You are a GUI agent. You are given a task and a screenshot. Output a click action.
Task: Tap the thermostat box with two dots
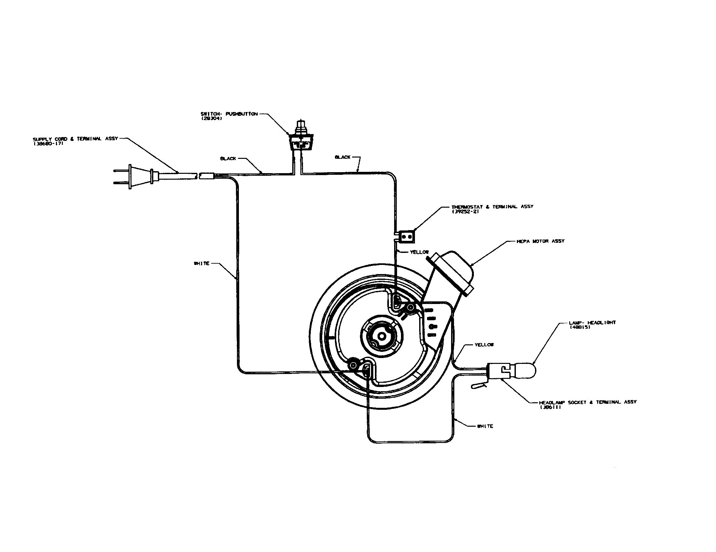406,236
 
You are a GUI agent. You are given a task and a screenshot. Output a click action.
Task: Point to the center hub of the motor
382,336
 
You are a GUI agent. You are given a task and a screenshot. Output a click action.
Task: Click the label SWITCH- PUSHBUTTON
229,114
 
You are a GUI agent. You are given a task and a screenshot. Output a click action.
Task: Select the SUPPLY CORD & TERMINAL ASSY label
76,139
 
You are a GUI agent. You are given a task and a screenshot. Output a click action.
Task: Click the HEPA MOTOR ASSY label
541,241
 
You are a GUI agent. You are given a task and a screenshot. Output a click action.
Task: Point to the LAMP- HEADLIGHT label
592,323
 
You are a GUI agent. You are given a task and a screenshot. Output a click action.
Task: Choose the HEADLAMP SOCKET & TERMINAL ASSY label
588,402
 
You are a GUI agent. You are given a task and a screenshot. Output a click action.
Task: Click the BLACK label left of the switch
228,159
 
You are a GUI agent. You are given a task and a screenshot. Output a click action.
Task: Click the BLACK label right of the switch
343,157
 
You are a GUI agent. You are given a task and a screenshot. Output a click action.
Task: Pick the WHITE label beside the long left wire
202,264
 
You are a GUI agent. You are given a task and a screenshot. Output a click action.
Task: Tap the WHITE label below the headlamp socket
485,426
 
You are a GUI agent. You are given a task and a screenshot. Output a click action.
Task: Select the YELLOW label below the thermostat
419,252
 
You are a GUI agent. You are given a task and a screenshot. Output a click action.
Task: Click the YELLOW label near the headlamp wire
484,345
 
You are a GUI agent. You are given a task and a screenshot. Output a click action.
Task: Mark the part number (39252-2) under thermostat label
465,212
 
